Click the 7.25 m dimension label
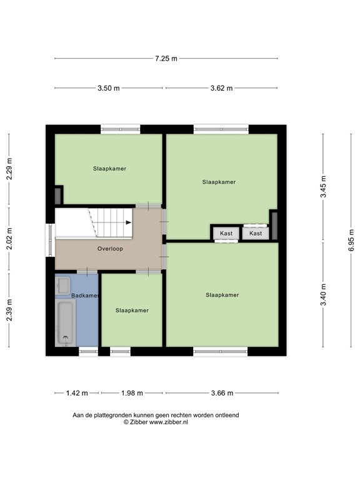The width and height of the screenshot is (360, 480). coord(166,59)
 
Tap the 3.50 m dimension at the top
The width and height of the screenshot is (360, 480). coord(108,88)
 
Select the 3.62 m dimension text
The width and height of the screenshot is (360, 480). coord(221,88)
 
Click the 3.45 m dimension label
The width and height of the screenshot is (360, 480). coord(323,186)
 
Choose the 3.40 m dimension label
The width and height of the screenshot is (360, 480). coord(323,294)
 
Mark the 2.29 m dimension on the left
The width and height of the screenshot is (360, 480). coord(9,169)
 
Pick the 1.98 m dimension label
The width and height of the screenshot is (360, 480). coord(132,393)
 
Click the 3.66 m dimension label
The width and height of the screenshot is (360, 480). coord(221,393)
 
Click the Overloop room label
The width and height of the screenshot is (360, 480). coord(110,249)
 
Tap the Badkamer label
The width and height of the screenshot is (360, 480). coord(85,296)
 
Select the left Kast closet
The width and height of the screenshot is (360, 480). coord(226,233)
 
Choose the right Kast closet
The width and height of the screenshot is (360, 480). coord(256,233)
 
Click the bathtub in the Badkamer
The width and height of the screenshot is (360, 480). coord(65,322)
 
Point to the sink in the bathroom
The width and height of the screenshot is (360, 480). coord(62,286)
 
